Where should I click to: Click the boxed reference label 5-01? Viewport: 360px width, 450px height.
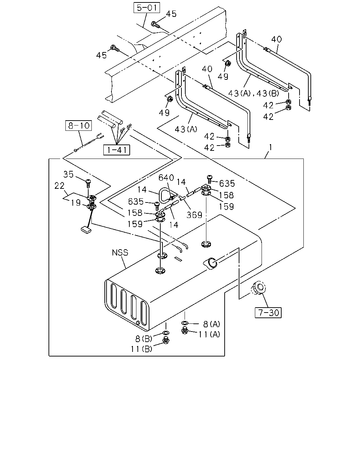pos(147,8)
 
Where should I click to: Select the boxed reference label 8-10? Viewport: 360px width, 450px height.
pos(78,126)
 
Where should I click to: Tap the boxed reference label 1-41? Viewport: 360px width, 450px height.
pos(117,150)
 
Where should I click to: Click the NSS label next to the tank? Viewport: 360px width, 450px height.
pos(120,252)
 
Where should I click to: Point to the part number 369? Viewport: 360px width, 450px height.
pos(194,215)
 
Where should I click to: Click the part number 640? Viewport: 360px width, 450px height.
pos(166,178)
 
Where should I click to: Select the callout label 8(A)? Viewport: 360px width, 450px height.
pos(212,324)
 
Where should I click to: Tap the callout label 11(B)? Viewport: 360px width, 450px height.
pos(141,349)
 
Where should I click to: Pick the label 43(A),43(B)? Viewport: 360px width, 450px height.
pos(253,93)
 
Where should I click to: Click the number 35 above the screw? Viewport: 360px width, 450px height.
pos(69,174)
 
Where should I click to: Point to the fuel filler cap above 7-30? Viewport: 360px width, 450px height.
pos(258,288)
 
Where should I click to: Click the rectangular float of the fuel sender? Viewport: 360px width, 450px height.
pos(86,229)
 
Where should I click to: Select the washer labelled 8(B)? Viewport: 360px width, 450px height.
pos(166,333)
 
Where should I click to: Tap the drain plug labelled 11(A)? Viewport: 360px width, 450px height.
pos(185,330)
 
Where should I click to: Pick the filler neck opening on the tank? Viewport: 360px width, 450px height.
pos(211,263)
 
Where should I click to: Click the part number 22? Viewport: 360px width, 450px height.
pos(59,186)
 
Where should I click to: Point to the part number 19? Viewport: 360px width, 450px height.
pos(76,202)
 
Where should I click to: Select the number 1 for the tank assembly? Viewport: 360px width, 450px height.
pos(270,147)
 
